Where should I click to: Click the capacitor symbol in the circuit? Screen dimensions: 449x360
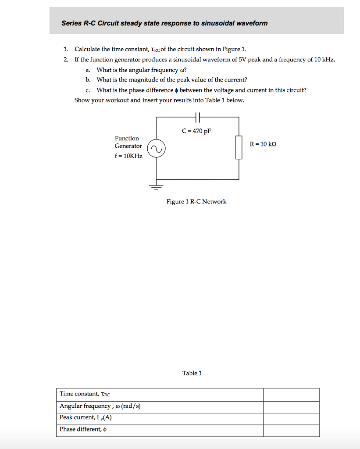[x=197, y=117]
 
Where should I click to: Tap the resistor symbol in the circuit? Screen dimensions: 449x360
[x=239, y=147]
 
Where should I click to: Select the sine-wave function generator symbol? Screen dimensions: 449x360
[x=156, y=149]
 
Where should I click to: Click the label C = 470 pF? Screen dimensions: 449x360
[x=196, y=131]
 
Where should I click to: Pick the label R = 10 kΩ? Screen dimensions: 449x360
[x=263, y=144]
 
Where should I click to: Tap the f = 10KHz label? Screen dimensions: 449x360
[x=128, y=156]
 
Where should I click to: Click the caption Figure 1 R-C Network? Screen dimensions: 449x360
[x=196, y=202]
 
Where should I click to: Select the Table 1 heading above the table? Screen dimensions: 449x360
[x=192, y=373]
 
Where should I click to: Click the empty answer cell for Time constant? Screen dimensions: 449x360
[x=291, y=395]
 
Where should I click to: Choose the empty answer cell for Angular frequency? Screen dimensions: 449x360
[x=291, y=407]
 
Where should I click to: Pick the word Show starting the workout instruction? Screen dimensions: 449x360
[x=82, y=100]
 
